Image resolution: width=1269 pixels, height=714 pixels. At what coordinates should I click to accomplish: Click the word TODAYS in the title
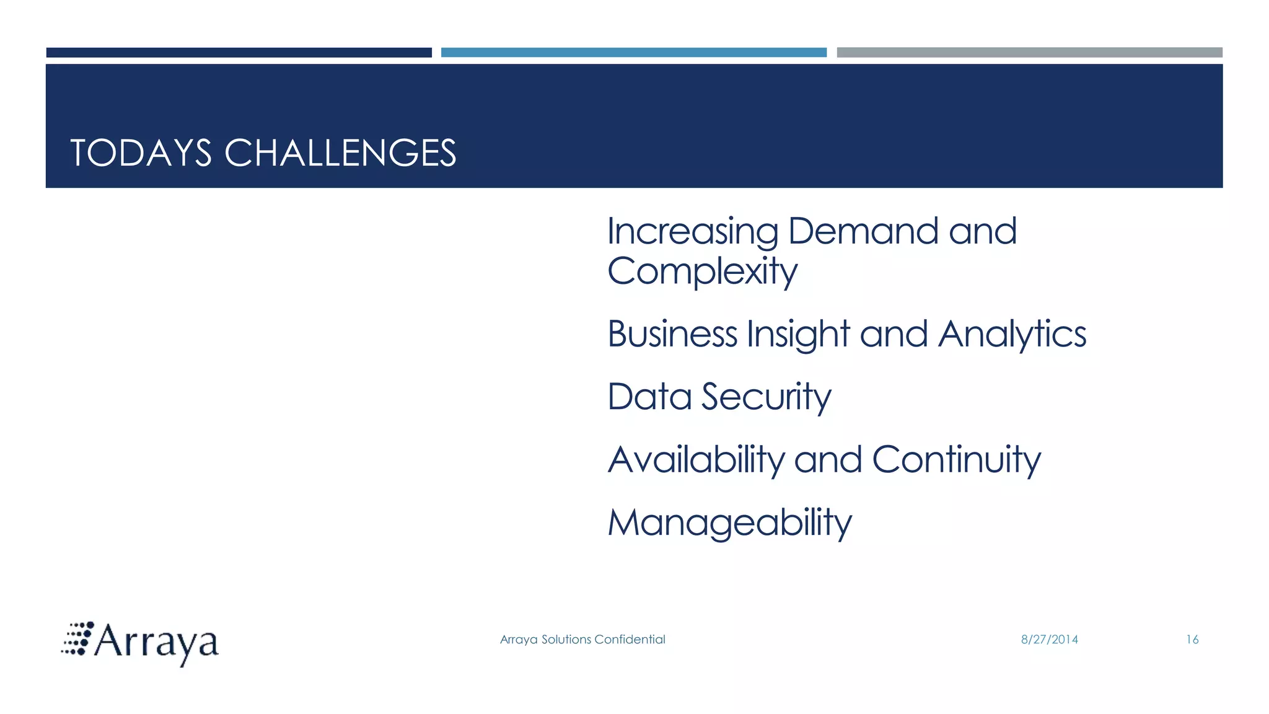click(141, 153)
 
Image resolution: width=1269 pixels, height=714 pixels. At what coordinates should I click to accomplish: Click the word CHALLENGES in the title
click(340, 153)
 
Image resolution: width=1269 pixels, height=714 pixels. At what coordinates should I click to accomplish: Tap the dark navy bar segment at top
click(239, 53)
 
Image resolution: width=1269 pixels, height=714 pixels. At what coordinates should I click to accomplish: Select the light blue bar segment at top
click(633, 53)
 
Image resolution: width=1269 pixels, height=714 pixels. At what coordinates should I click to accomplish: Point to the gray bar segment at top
click(1029, 53)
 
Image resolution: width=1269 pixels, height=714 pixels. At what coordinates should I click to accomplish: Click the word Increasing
click(692, 232)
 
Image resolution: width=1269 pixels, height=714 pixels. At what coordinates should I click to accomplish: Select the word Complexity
click(701, 272)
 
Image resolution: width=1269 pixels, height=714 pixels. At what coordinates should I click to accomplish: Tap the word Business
click(672, 334)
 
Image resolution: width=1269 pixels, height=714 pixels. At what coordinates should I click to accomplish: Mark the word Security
click(765, 397)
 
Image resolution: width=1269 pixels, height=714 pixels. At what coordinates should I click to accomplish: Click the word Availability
click(696, 461)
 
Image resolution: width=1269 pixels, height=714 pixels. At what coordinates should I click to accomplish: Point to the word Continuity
click(956, 461)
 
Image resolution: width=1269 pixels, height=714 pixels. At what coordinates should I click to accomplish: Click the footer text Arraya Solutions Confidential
click(582, 640)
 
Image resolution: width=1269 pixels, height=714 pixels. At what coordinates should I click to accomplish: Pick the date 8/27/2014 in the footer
click(1049, 640)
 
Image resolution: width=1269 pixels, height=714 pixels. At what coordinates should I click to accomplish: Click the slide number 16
click(1192, 640)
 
